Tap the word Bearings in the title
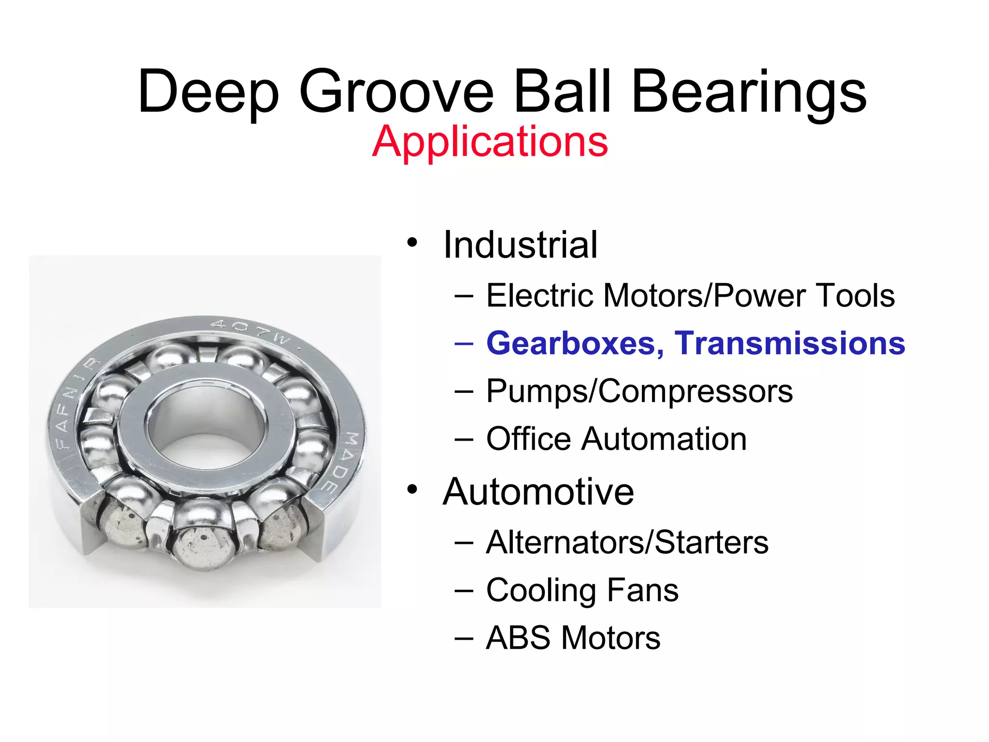pyautogui.click(x=749, y=92)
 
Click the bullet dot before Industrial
pyautogui.click(x=411, y=242)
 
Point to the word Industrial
pyautogui.click(x=520, y=245)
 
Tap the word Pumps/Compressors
pyautogui.click(x=639, y=391)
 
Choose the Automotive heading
pyautogui.click(x=538, y=492)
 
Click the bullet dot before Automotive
pyautogui.click(x=411, y=489)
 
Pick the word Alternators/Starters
pyautogui.click(x=627, y=542)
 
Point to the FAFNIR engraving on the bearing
pyautogui.click(x=72, y=406)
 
